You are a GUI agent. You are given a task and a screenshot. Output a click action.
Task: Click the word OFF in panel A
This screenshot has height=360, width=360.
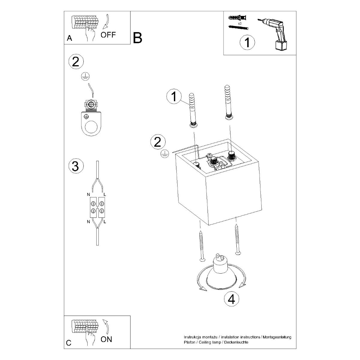[108, 35]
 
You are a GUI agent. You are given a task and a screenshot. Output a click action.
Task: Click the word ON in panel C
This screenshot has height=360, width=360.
[106, 339]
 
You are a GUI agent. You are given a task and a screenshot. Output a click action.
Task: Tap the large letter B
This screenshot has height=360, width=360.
[137, 38]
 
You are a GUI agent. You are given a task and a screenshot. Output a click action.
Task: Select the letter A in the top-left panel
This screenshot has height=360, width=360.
[69, 38]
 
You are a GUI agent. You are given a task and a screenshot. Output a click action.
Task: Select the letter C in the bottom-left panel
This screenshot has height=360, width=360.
[69, 343]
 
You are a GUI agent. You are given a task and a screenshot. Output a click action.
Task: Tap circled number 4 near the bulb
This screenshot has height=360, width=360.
[232, 299]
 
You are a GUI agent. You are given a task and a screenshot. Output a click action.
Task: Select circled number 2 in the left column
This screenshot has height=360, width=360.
[76, 61]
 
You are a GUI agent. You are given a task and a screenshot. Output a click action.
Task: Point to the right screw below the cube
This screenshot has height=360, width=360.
[238, 240]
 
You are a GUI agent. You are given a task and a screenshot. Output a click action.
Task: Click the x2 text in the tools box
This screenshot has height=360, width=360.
[240, 23]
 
